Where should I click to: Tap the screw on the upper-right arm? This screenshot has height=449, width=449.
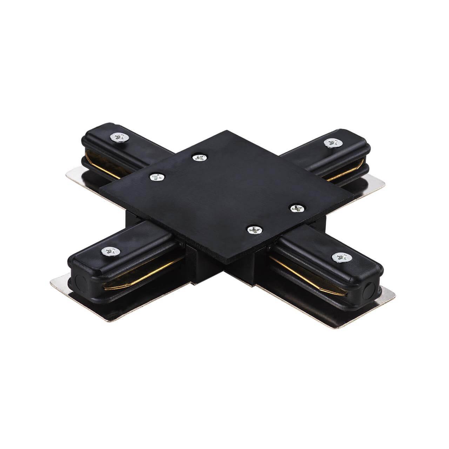(330, 142)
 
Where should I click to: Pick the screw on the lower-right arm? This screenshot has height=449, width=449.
(339, 257)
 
